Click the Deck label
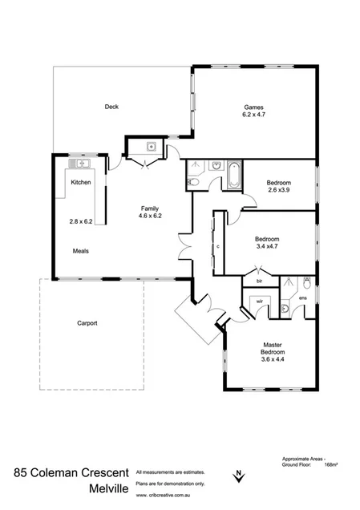point(111,107)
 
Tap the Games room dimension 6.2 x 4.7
point(254,115)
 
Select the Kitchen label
point(81,183)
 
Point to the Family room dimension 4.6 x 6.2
point(150,217)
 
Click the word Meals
point(80,250)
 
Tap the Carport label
point(87,323)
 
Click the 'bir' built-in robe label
point(259,282)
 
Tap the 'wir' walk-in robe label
point(258,302)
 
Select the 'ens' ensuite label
point(302,299)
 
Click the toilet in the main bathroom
point(192,183)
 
